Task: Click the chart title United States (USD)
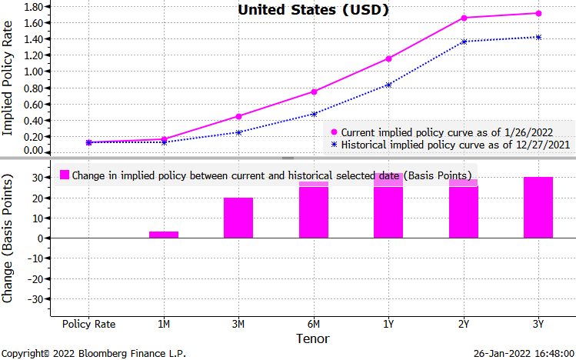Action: point(311,10)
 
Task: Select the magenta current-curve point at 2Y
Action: point(464,18)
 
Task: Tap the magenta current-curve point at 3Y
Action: point(538,13)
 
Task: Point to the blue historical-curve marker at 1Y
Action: point(388,85)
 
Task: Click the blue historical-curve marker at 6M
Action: point(314,114)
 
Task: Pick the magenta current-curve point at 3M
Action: point(238,116)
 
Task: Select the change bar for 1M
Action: point(164,235)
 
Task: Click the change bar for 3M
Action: point(238,218)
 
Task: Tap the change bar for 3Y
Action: point(538,208)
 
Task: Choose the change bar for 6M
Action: point(314,210)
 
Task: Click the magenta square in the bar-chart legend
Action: point(65,175)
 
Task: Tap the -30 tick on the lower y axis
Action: point(33,298)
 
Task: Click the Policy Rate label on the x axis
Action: point(88,324)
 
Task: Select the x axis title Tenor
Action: point(313,338)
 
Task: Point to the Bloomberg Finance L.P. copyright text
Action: point(93,354)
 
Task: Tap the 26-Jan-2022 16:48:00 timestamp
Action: point(525,354)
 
